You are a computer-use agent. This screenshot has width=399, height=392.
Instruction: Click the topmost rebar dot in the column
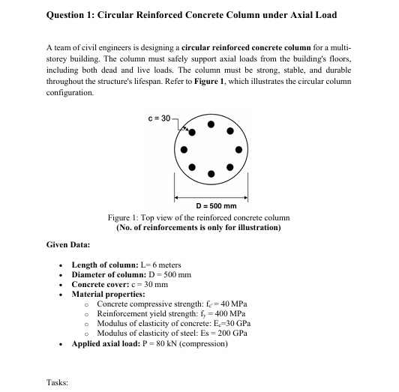[x=211, y=124]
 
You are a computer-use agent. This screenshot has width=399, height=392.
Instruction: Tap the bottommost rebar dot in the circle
[x=211, y=175]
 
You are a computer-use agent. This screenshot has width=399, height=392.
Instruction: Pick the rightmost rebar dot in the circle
[x=238, y=149]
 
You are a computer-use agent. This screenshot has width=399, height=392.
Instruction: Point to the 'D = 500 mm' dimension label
[x=216, y=207]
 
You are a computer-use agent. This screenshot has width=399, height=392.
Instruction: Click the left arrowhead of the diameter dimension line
[x=177, y=199]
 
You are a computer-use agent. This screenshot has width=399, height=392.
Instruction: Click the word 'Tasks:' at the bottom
[x=57, y=382]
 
